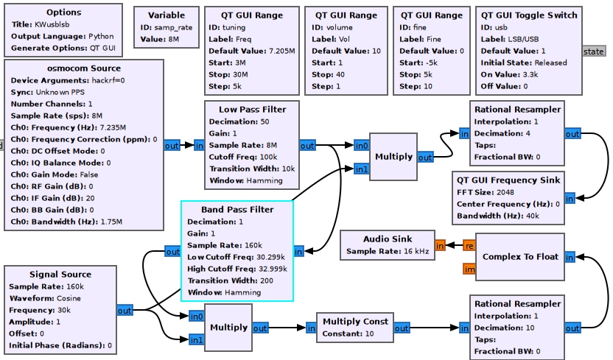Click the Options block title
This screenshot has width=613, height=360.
(x=63, y=13)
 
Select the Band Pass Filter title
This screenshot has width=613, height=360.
(x=237, y=210)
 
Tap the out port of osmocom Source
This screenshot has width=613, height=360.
(x=172, y=146)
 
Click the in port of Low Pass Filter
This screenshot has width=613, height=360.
(x=200, y=146)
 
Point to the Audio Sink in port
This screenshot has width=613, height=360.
(x=440, y=245)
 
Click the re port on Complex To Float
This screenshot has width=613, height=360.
(x=469, y=245)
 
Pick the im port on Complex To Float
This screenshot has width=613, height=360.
(x=469, y=269)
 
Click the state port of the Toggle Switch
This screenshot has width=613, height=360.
(x=593, y=52)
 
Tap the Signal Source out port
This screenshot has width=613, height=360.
(x=125, y=311)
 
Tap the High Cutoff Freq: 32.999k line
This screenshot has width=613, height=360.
(x=237, y=269)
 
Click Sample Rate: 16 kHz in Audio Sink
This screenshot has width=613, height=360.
(x=387, y=251)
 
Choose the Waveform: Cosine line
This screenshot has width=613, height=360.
(x=43, y=298)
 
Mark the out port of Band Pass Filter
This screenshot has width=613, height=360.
(x=172, y=252)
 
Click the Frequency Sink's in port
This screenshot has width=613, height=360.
(x=570, y=198)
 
